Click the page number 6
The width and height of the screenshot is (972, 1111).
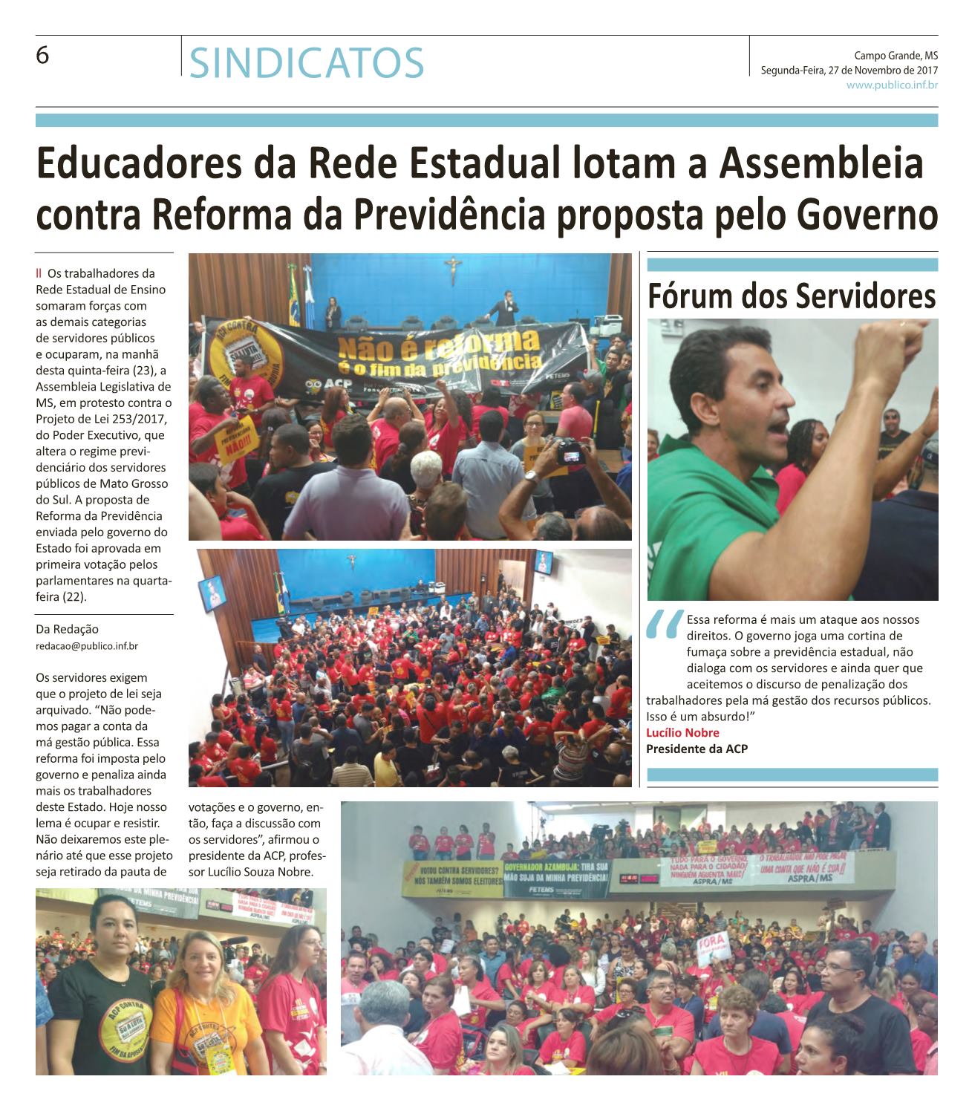tap(42, 56)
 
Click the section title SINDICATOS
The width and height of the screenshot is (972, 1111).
tap(307, 62)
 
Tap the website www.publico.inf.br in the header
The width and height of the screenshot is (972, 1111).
tap(892, 85)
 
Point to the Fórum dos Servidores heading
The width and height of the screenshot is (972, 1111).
tap(792, 296)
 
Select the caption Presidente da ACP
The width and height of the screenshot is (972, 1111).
tap(697, 749)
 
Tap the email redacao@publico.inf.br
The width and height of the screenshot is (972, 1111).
tap(86, 646)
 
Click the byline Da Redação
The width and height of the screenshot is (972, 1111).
tap(67, 630)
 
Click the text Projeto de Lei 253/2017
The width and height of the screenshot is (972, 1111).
tap(103, 419)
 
